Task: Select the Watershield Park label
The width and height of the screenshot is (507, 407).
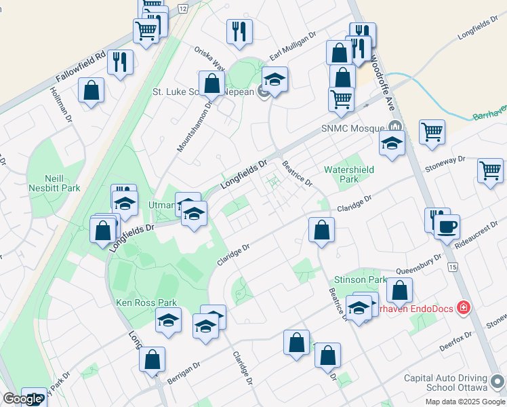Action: (350, 174)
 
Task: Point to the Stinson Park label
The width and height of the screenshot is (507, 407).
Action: (359, 279)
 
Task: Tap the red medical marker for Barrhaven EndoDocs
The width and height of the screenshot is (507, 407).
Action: (463, 308)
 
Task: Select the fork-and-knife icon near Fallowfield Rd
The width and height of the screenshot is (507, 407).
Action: (121, 62)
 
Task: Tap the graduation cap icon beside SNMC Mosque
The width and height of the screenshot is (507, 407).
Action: (392, 143)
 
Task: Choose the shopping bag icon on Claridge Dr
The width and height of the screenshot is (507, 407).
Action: (321, 229)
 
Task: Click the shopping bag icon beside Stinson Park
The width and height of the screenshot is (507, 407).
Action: (400, 290)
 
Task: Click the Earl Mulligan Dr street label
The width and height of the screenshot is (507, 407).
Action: (293, 47)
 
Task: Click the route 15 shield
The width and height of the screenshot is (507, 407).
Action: (452, 268)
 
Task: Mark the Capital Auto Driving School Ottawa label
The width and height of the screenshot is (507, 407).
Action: (445, 383)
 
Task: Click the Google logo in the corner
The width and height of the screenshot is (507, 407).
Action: (22, 400)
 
